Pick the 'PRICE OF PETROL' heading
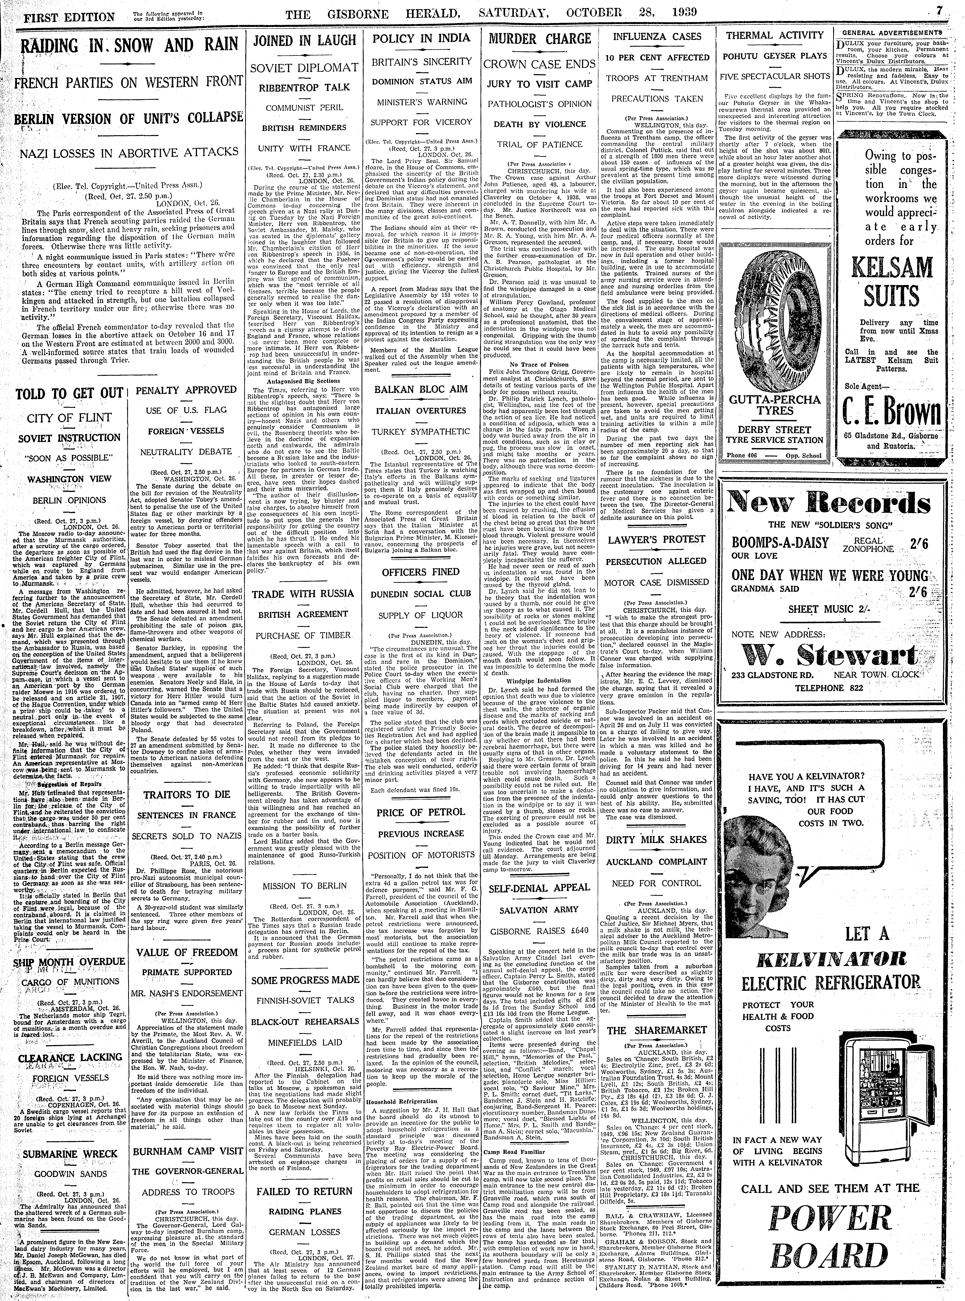(421, 812)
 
